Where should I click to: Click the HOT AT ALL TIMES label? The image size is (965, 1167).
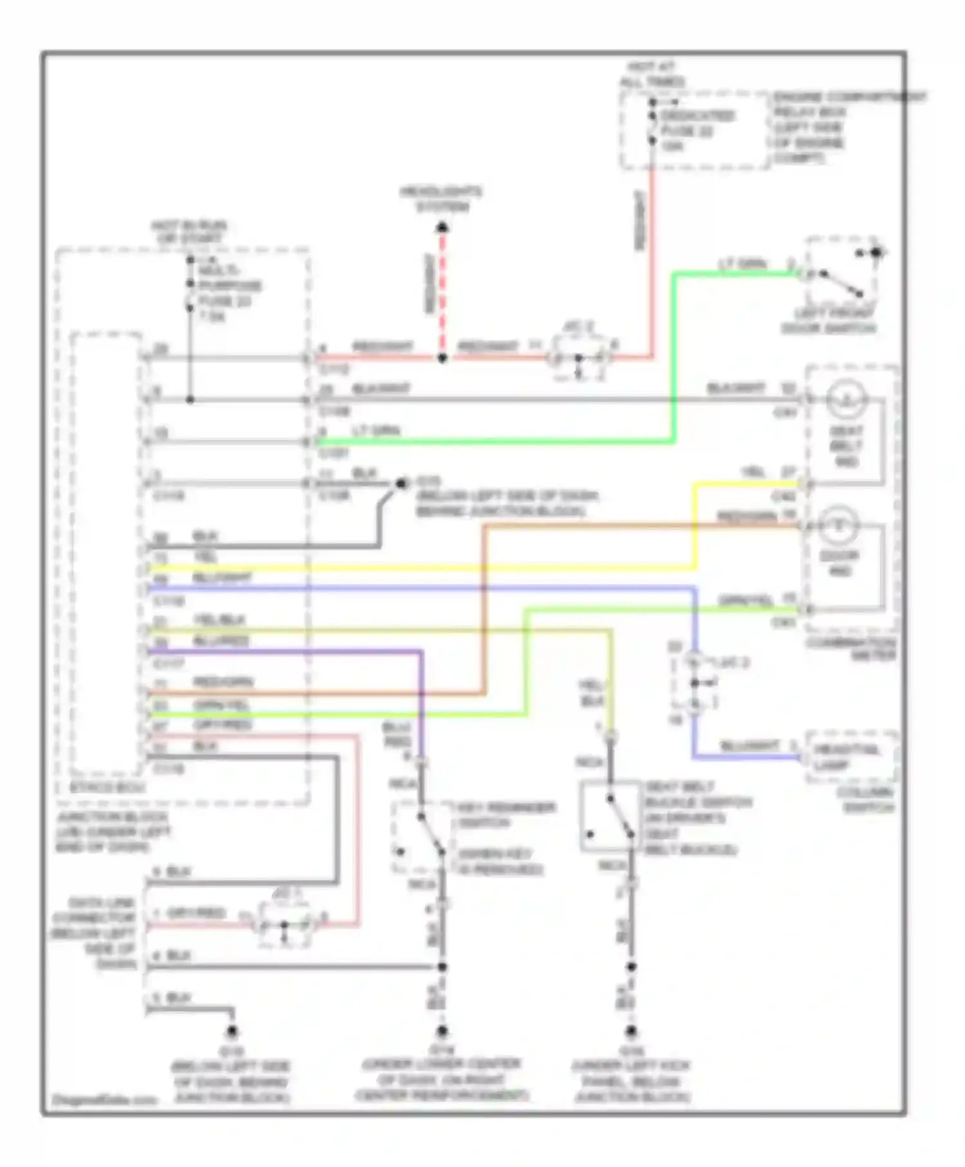pos(652,75)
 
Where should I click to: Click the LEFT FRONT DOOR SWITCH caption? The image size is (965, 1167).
pos(829,321)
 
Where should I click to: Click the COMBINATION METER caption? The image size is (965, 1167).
pos(850,649)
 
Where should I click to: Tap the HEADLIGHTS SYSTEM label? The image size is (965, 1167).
pos(441,199)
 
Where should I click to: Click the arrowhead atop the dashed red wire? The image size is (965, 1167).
pos(442,227)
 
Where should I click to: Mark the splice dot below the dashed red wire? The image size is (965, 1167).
pos(442,358)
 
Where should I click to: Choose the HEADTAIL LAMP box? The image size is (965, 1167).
pos(850,757)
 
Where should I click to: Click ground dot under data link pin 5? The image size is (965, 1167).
pos(232,1032)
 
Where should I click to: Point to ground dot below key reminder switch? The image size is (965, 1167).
pos(442,1032)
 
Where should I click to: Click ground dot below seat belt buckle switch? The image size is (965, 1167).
pos(632,1032)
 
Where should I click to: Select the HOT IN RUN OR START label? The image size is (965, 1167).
pos(188,232)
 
